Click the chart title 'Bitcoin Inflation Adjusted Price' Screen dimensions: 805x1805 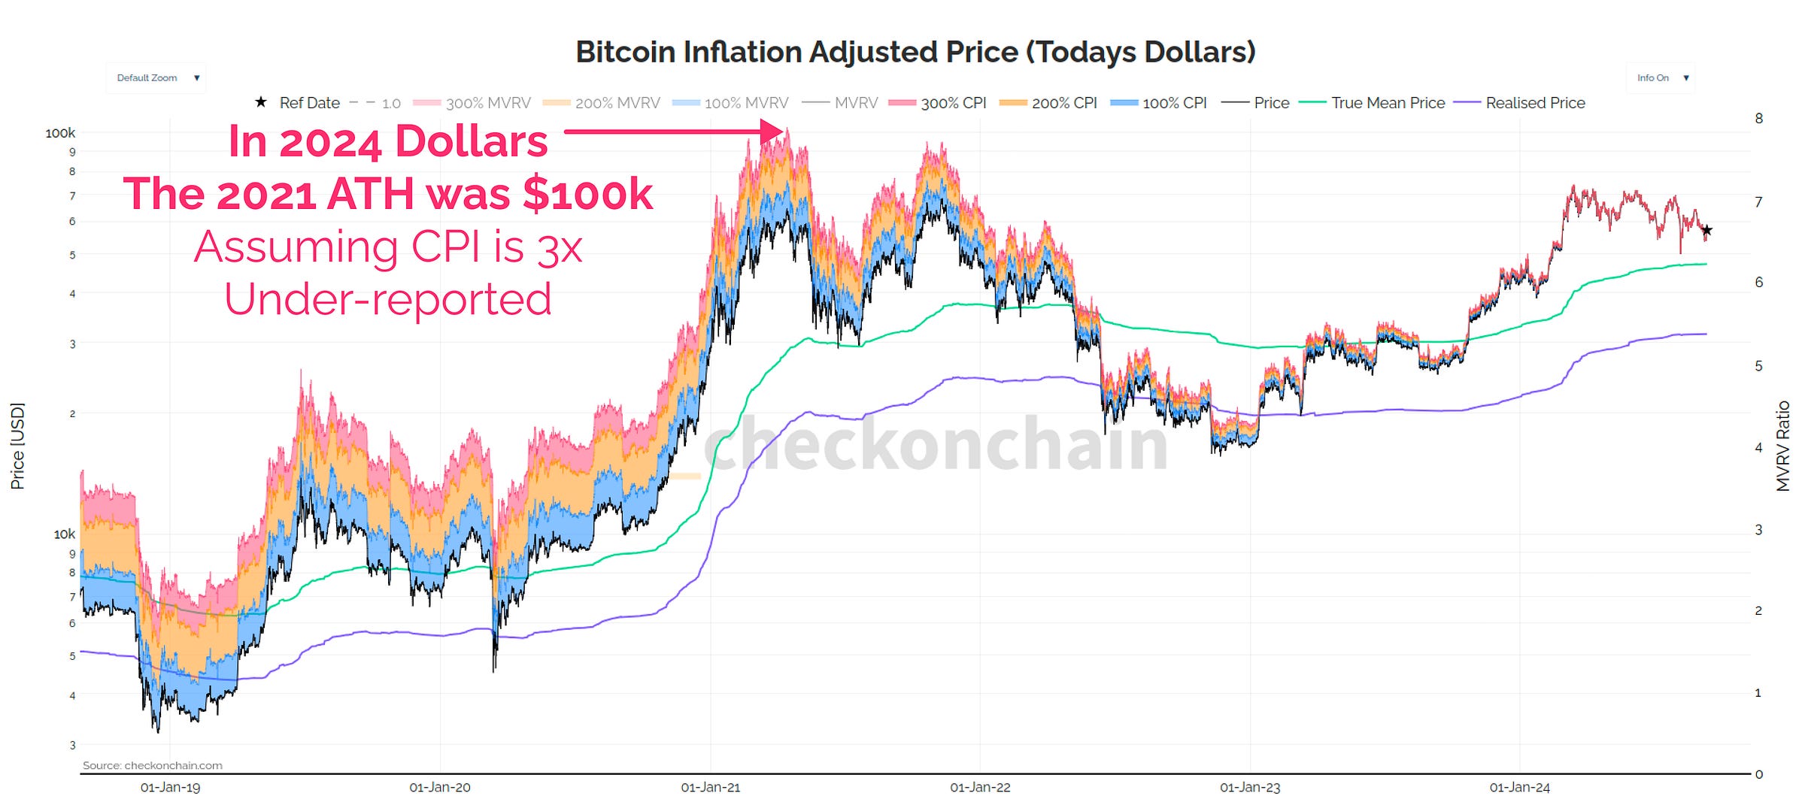point(915,52)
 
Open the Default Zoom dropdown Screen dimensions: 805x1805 point(156,78)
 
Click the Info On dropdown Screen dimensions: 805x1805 point(1661,78)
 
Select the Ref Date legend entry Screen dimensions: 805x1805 point(298,103)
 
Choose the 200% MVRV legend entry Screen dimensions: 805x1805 point(602,103)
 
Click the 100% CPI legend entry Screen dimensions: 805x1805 point(1159,103)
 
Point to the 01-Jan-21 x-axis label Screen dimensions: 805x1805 point(710,787)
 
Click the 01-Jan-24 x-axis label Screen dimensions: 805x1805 point(1519,787)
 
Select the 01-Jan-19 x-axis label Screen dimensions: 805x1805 point(170,787)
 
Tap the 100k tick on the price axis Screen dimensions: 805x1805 point(60,133)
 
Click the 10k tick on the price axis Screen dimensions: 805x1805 point(64,534)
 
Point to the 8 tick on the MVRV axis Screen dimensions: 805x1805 point(1758,118)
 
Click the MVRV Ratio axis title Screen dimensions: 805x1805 point(1782,446)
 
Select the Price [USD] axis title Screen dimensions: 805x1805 point(17,446)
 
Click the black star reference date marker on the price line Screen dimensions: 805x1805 point(1706,230)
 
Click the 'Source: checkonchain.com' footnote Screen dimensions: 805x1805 point(152,765)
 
